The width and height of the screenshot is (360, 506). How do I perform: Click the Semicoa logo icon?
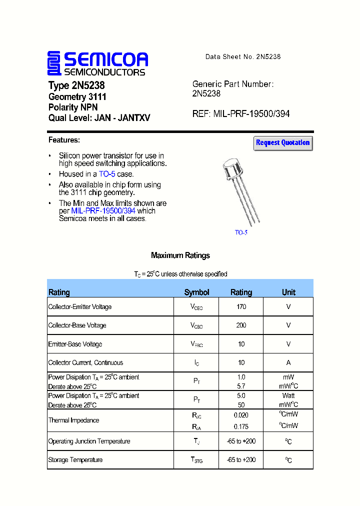(54, 63)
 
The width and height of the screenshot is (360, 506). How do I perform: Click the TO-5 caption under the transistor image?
(241, 232)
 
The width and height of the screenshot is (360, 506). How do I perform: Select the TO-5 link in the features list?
(107, 174)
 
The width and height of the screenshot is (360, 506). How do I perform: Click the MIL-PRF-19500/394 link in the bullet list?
(103, 211)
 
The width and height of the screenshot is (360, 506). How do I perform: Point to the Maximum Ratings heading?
(180, 255)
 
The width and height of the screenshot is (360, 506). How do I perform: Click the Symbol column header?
(196, 292)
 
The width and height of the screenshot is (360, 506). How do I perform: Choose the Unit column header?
(288, 292)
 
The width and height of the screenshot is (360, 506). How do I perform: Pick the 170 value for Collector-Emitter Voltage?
(241, 307)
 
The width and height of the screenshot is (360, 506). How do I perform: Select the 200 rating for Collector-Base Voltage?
(241, 325)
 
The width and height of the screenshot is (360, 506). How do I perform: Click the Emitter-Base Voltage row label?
(75, 344)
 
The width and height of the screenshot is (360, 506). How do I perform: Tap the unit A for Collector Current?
(288, 363)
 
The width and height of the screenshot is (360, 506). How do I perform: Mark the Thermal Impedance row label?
(73, 420)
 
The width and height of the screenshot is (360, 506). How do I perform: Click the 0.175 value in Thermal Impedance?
(241, 426)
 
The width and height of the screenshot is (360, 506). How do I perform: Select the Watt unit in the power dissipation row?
(288, 395)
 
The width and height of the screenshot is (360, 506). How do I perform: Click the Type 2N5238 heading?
(76, 85)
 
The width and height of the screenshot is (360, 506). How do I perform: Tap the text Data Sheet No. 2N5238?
(243, 57)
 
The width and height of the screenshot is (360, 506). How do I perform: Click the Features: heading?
(64, 140)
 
